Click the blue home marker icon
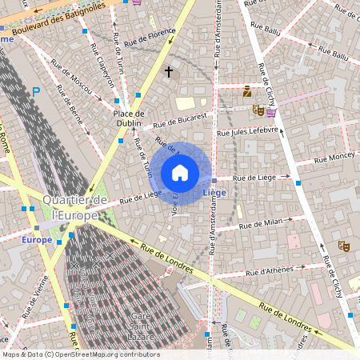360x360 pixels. click(x=180, y=172)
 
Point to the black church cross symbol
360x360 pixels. click(x=169, y=72)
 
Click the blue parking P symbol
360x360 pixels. click(x=35, y=93)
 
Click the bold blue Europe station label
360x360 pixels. click(x=37, y=239)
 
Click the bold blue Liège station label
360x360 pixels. click(x=214, y=194)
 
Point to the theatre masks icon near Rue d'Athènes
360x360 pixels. click(x=344, y=246)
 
